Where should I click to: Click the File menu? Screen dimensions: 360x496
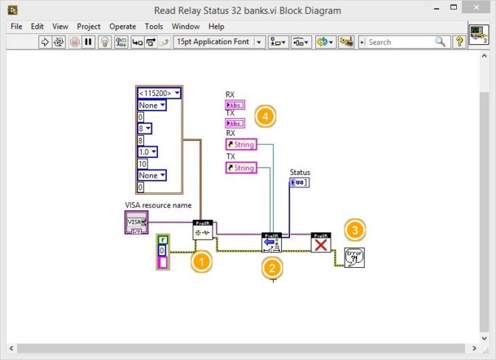[x=16, y=27]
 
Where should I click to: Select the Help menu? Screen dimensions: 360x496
[x=216, y=27]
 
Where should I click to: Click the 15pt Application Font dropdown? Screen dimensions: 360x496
[x=218, y=42]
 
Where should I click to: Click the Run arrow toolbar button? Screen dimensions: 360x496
[x=44, y=42]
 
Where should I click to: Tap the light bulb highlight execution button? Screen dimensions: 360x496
[x=105, y=42]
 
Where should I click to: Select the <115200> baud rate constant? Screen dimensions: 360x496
[x=159, y=93]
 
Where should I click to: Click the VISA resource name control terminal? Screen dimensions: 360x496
[x=136, y=221]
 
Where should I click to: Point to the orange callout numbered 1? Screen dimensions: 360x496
[x=201, y=261]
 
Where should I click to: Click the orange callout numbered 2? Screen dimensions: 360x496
[x=272, y=269]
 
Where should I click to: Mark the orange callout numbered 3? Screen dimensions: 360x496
[x=355, y=229]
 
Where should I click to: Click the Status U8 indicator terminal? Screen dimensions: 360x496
[x=299, y=183]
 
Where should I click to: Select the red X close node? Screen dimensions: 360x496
[x=320, y=243]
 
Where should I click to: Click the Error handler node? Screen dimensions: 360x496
[x=354, y=257]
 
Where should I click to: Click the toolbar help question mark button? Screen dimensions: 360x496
[x=459, y=42]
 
